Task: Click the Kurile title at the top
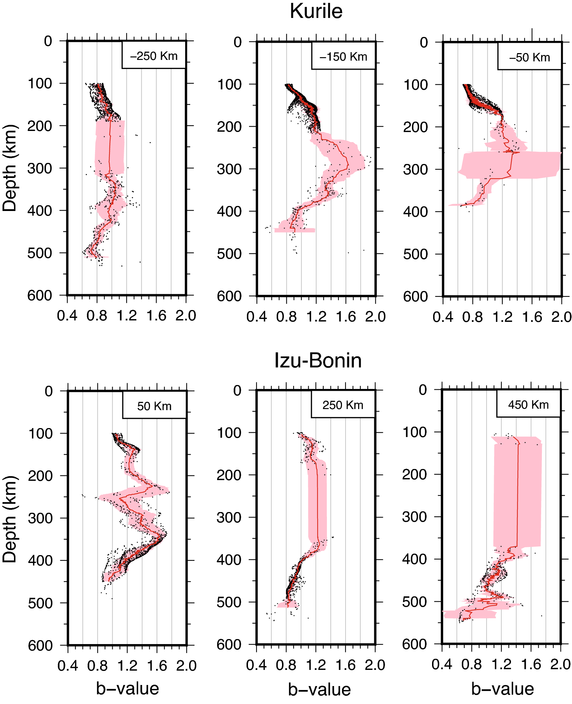pos(316,11)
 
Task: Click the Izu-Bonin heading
pos(318,360)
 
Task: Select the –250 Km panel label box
pos(154,56)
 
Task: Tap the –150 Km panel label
pos(343,57)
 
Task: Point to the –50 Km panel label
pos(530,57)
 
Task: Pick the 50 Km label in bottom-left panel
pos(154,406)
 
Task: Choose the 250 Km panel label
pos(343,405)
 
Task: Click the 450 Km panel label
pos(529,405)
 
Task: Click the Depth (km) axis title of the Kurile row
pos(10,168)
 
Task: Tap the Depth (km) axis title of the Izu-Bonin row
pos(10,519)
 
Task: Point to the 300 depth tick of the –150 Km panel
pos(229,169)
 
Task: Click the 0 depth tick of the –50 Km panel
pos(424,43)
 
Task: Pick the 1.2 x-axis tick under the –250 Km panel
pos(127,316)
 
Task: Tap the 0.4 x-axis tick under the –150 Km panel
pos(257,317)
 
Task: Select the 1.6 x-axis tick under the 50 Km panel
pos(157,666)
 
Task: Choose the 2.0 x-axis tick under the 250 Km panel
pos(375,665)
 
